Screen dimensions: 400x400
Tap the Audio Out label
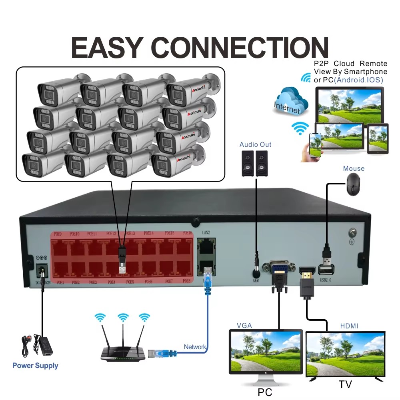255,144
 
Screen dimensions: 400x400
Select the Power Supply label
35,366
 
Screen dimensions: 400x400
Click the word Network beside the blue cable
195,347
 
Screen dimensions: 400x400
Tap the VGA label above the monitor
244,326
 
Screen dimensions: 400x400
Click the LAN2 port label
206,232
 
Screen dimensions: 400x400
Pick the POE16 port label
188,233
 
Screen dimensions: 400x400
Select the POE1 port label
60,282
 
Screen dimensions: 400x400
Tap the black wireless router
122,351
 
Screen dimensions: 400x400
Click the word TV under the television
345,385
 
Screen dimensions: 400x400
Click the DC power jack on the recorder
41,271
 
